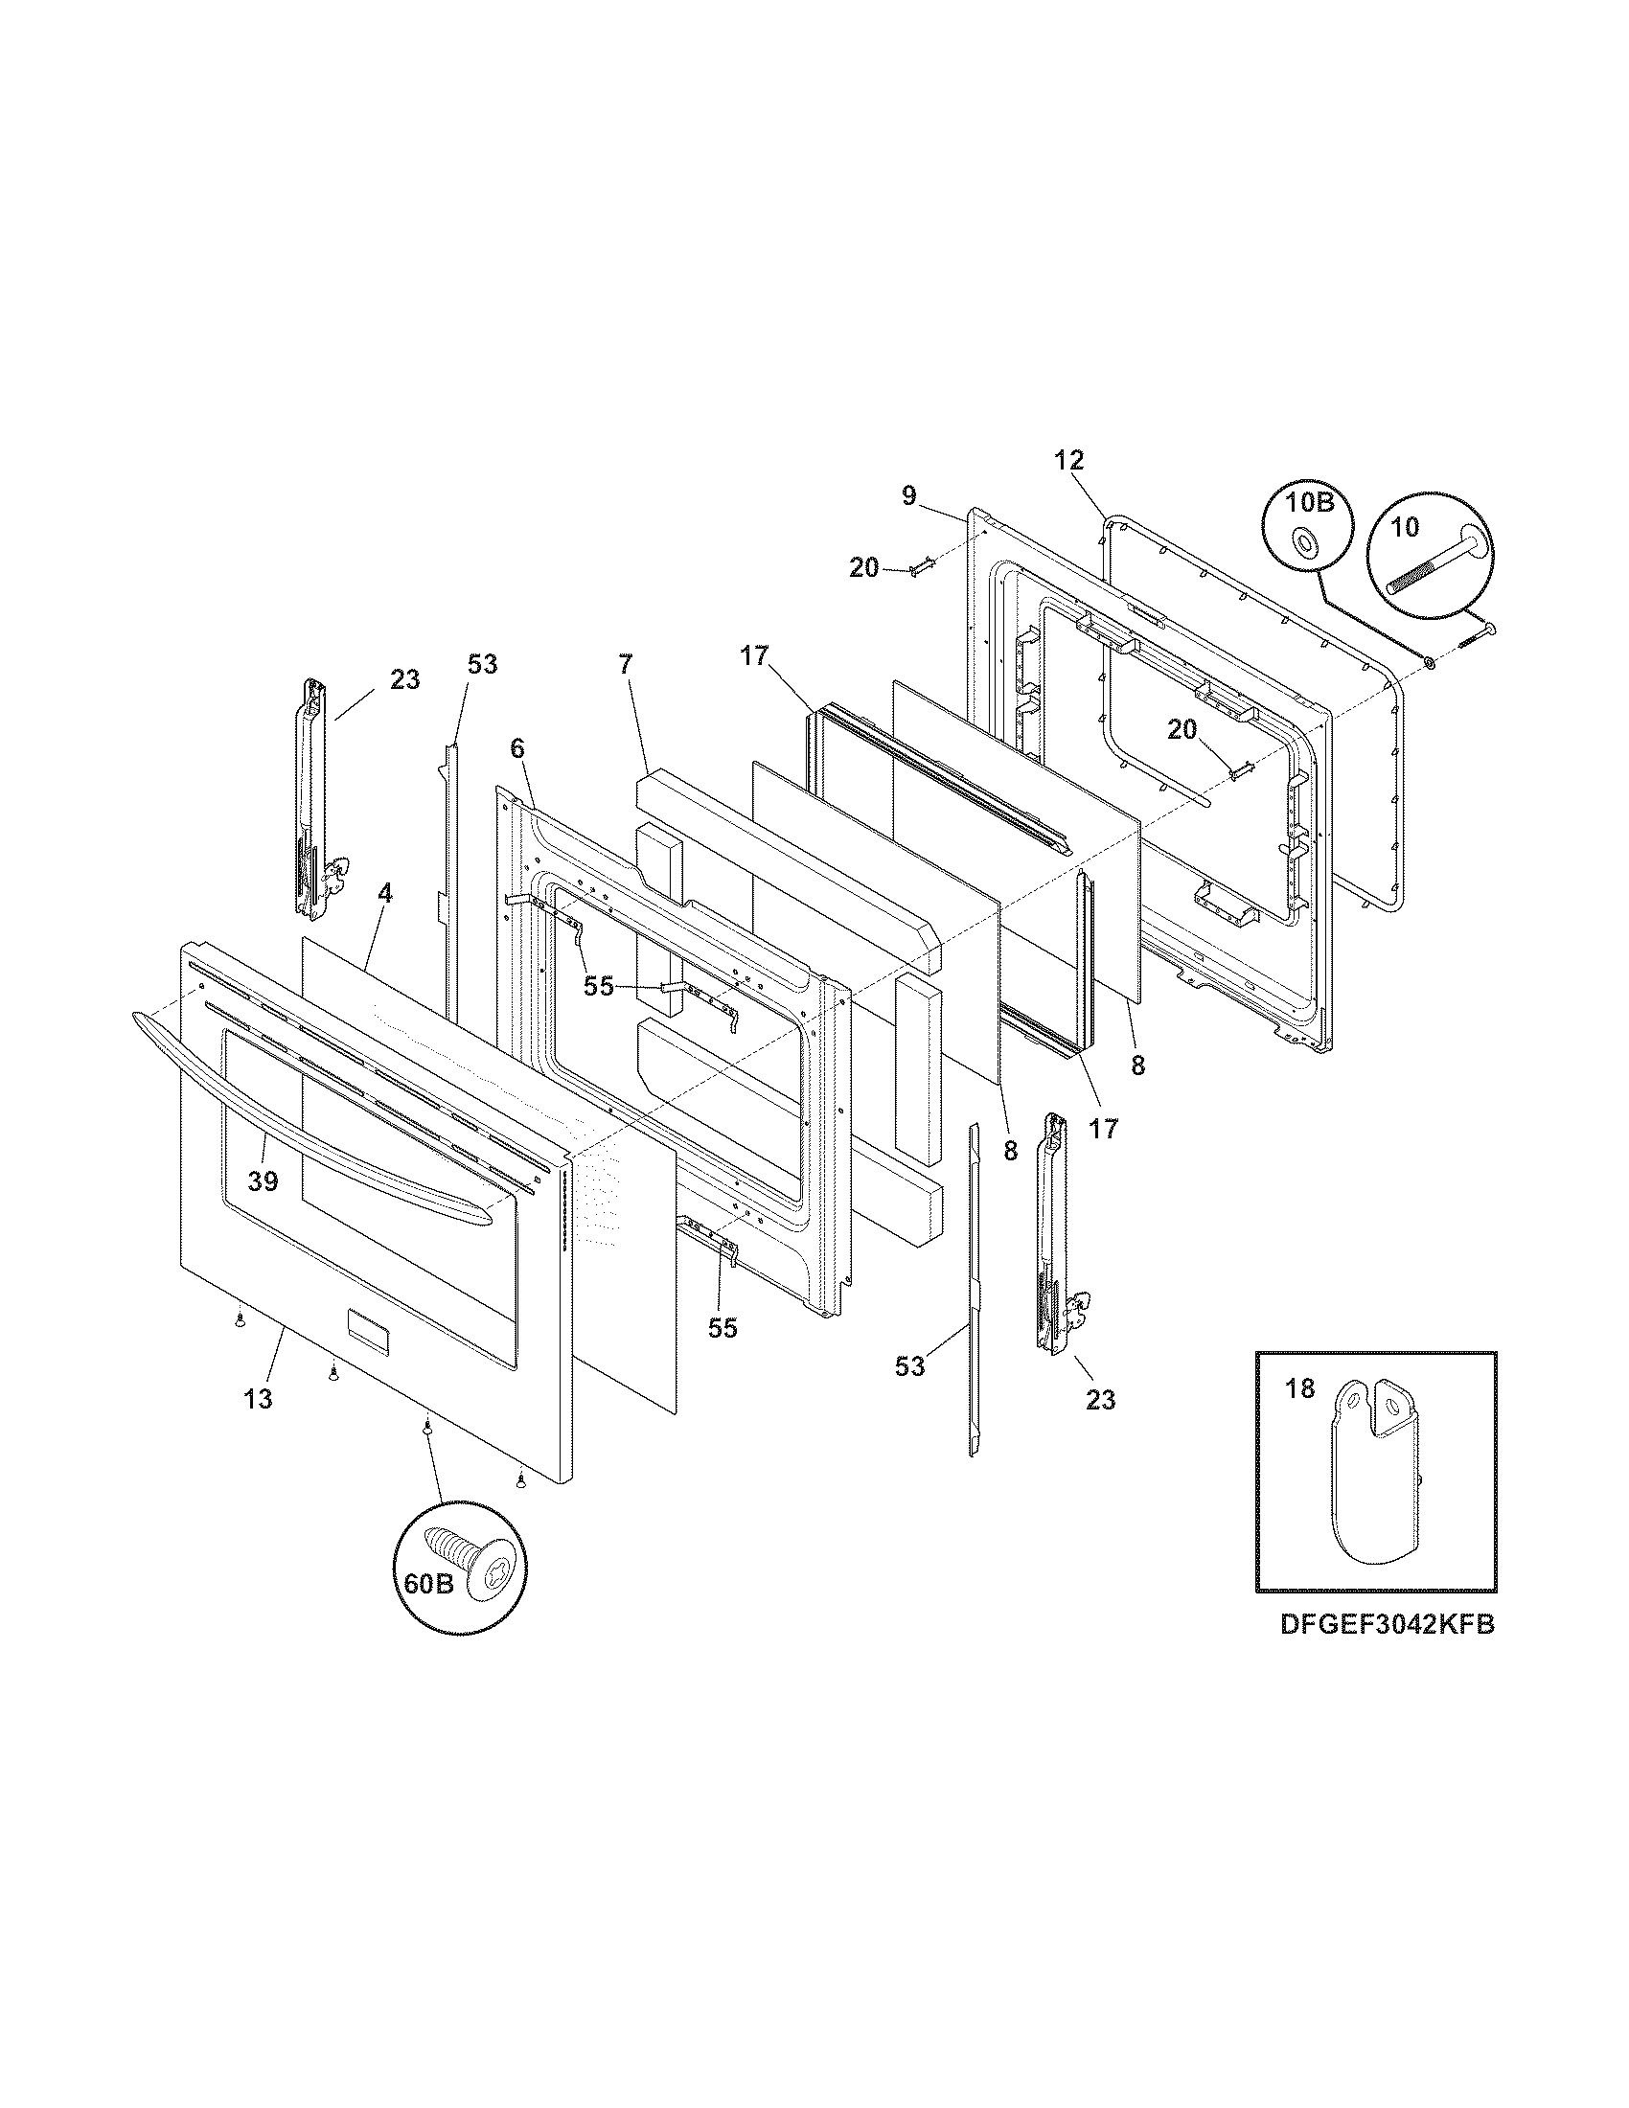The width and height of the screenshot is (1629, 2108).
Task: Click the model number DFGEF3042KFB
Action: tap(1387, 1624)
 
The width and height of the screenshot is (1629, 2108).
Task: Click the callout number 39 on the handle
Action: tap(263, 1180)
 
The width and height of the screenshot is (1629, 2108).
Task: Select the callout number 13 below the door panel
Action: tap(258, 1399)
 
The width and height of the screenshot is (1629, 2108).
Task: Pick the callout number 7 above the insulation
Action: tap(626, 664)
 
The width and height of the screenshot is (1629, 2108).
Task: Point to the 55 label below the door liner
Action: tap(722, 1328)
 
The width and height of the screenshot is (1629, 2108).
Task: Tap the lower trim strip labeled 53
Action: tap(974, 1294)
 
